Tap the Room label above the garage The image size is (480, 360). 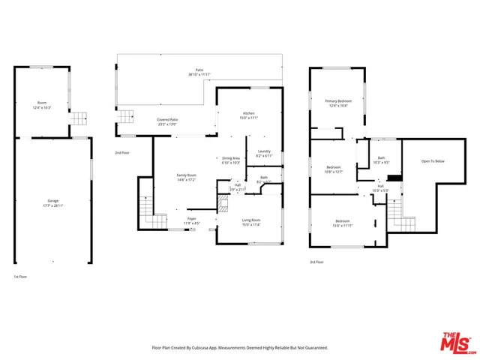(42, 103)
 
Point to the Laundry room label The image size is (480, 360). (263, 151)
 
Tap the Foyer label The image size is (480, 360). (192, 218)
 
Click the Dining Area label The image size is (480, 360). (230, 158)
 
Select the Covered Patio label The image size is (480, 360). (167, 119)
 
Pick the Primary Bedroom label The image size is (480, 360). (338, 100)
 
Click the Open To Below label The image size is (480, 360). (433, 161)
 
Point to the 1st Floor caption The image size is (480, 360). (21, 277)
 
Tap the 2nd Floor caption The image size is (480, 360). (121, 153)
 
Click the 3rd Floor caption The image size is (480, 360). (316, 262)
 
